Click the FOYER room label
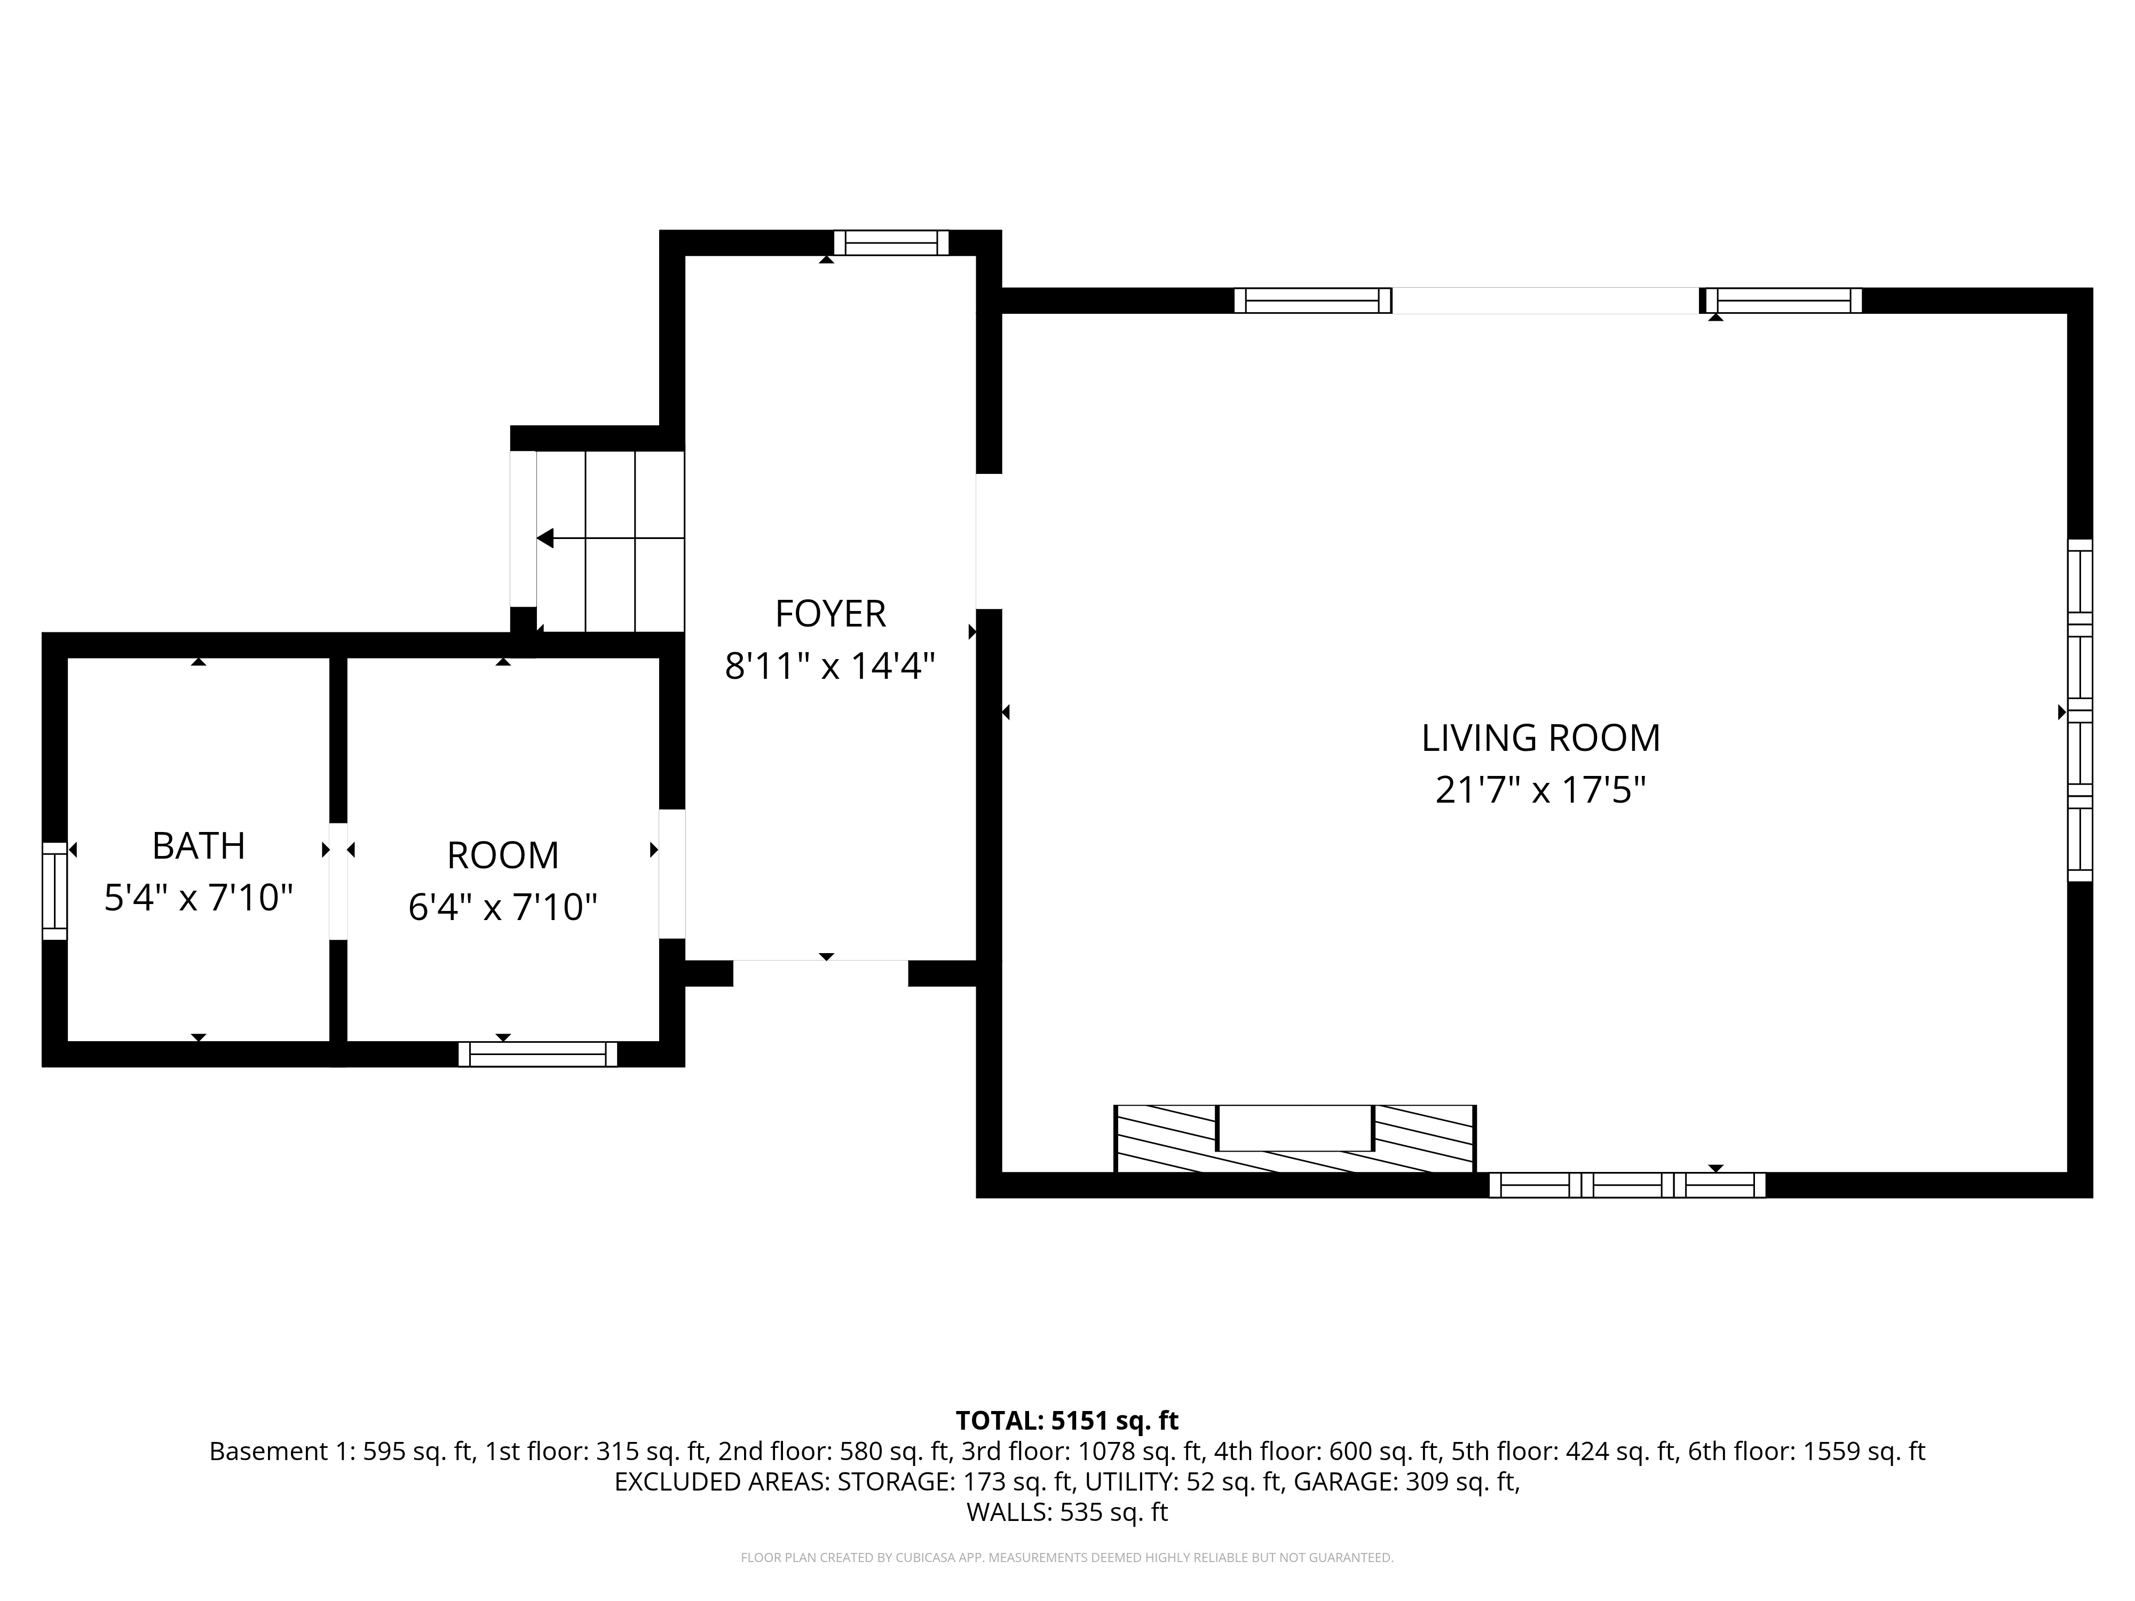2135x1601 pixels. [x=830, y=614]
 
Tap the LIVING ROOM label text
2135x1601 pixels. [x=1540, y=738]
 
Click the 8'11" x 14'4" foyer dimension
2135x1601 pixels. [x=830, y=666]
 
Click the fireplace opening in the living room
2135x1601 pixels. [x=1294, y=1127]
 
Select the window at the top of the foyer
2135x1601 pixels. [x=891, y=242]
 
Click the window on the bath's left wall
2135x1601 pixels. [x=55, y=890]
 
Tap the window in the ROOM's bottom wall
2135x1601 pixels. [x=537, y=1054]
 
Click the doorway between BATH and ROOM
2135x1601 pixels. [x=338, y=880]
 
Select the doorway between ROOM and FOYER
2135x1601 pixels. [x=672, y=874]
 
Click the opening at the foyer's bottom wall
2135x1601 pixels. [x=820, y=973]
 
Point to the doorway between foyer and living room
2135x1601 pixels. [x=989, y=541]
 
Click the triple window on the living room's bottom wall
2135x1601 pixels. [x=1627, y=1185]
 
